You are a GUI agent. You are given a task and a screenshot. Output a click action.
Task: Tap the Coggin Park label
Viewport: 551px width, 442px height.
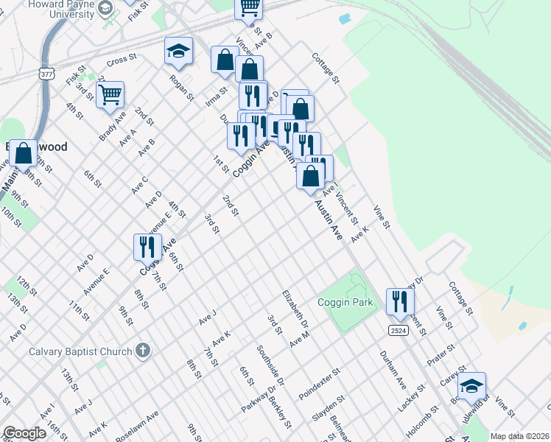(x=346, y=302)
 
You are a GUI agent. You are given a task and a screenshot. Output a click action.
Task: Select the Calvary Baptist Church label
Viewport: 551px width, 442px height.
(x=80, y=351)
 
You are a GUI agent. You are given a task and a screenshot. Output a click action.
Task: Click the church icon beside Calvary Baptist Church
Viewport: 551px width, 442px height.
(x=143, y=351)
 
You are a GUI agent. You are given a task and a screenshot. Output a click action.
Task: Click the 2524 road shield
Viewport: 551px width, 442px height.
(x=398, y=331)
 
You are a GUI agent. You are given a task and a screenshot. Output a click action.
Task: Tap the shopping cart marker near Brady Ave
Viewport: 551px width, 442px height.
(x=110, y=94)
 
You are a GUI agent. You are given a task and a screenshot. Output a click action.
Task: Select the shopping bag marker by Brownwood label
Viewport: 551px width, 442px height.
(x=24, y=154)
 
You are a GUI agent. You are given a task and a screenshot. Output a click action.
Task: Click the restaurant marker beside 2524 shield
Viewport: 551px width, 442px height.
(x=400, y=301)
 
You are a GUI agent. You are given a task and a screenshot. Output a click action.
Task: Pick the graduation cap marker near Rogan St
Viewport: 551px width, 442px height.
(x=178, y=51)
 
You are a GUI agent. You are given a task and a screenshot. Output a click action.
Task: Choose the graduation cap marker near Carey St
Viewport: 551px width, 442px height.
(x=471, y=385)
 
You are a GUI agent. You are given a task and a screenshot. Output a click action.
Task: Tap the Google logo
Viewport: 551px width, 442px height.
(x=24, y=433)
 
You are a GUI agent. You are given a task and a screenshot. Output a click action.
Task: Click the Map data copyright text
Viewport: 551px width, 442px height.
(x=519, y=436)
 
